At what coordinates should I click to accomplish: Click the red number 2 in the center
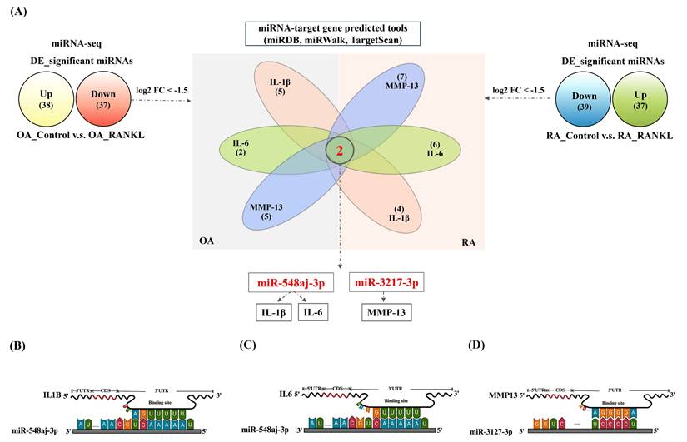[340, 151]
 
